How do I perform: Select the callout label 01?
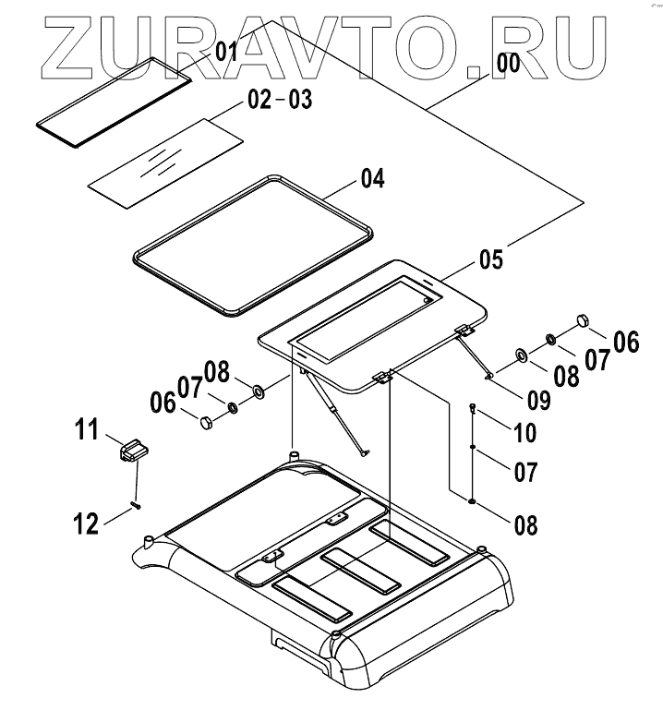coord(227,52)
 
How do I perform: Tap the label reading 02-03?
coord(279,100)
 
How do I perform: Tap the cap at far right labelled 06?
coord(583,320)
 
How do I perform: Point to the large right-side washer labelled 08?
coord(521,355)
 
